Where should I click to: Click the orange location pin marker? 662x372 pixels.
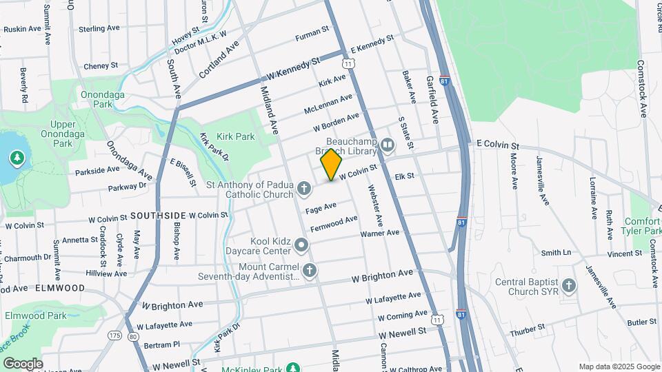(332, 165)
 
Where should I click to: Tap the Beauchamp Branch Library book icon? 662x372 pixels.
(387, 145)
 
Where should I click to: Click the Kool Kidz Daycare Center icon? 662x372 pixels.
(301, 245)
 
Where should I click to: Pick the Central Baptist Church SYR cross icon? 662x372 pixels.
(569, 285)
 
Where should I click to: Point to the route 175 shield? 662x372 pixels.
(114, 335)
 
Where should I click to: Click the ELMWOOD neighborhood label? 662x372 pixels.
(60, 288)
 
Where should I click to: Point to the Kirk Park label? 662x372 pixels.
(236, 137)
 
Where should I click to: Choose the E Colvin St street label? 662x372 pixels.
(497, 145)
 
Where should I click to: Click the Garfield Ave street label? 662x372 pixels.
(433, 100)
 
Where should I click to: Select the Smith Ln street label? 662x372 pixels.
(556, 253)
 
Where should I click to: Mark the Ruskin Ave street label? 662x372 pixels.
(24, 30)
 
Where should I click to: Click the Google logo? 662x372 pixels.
(22, 363)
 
